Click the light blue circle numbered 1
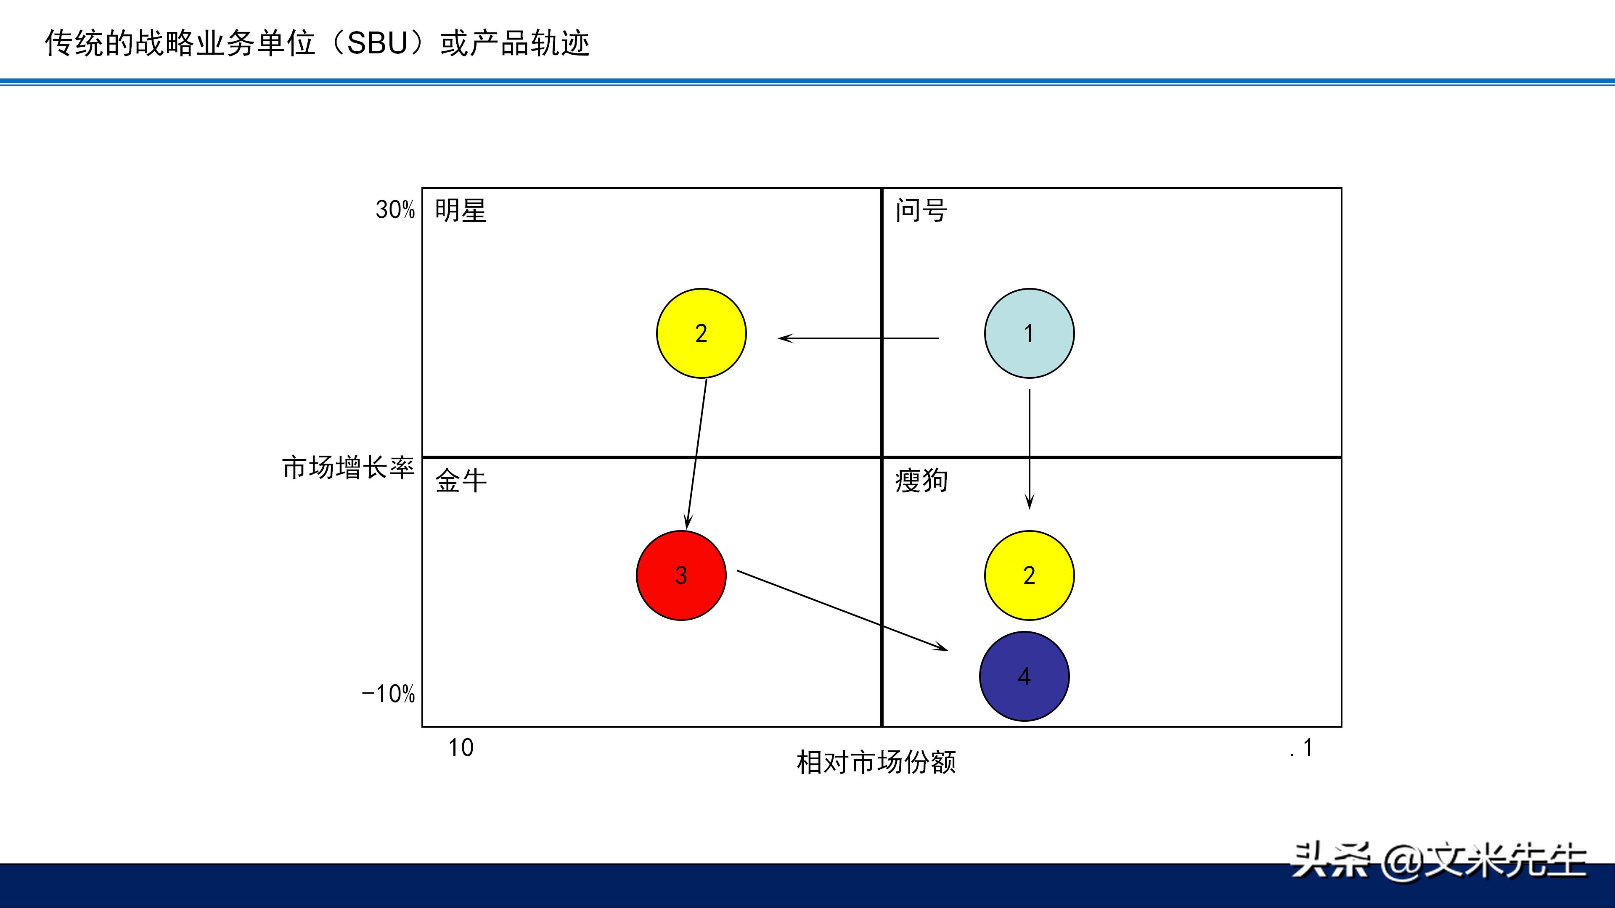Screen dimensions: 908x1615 point(1029,333)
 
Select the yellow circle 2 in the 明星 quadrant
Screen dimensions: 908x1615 point(701,333)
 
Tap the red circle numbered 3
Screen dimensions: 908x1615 point(681,575)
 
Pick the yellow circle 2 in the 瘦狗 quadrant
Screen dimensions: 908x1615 point(1029,575)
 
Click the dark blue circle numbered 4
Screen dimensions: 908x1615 point(1024,676)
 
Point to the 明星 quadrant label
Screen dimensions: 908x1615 point(461,211)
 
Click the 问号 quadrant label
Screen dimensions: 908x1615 point(920,211)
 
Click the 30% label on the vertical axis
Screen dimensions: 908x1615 point(395,210)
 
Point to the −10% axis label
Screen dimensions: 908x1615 point(388,694)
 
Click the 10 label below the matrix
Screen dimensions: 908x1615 point(461,747)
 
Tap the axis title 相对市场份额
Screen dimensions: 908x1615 point(876,763)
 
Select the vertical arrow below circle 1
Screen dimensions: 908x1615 point(1029,448)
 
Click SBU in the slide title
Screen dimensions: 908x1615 point(377,44)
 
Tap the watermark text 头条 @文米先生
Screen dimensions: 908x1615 point(1438,861)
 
